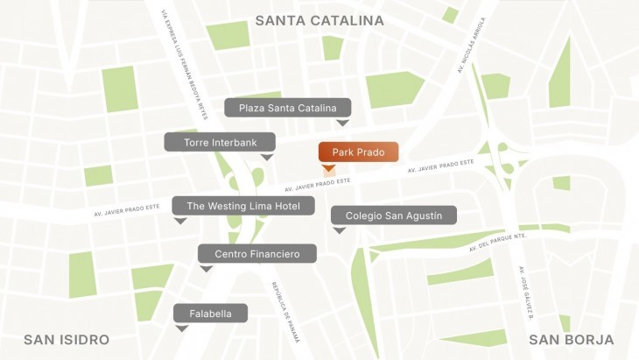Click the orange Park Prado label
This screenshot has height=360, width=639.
(358, 152)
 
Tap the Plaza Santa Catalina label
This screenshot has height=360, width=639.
(287, 108)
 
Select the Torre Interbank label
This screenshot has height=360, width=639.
(220, 142)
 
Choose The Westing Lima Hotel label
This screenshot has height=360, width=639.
(242, 206)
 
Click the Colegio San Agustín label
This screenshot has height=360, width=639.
(393, 215)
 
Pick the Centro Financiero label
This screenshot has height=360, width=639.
(256, 253)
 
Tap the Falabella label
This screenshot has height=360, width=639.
(210, 313)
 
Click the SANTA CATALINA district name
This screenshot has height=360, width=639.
(319, 19)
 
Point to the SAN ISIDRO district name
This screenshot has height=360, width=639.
(67, 340)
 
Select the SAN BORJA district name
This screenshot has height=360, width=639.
(571, 340)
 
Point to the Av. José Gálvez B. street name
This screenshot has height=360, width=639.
(530, 293)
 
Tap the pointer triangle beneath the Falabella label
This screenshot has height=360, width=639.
(182, 328)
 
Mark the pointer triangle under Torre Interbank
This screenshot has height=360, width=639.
(268, 157)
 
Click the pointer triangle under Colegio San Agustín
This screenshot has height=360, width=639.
(339, 230)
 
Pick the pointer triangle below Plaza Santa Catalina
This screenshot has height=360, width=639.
(343, 123)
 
